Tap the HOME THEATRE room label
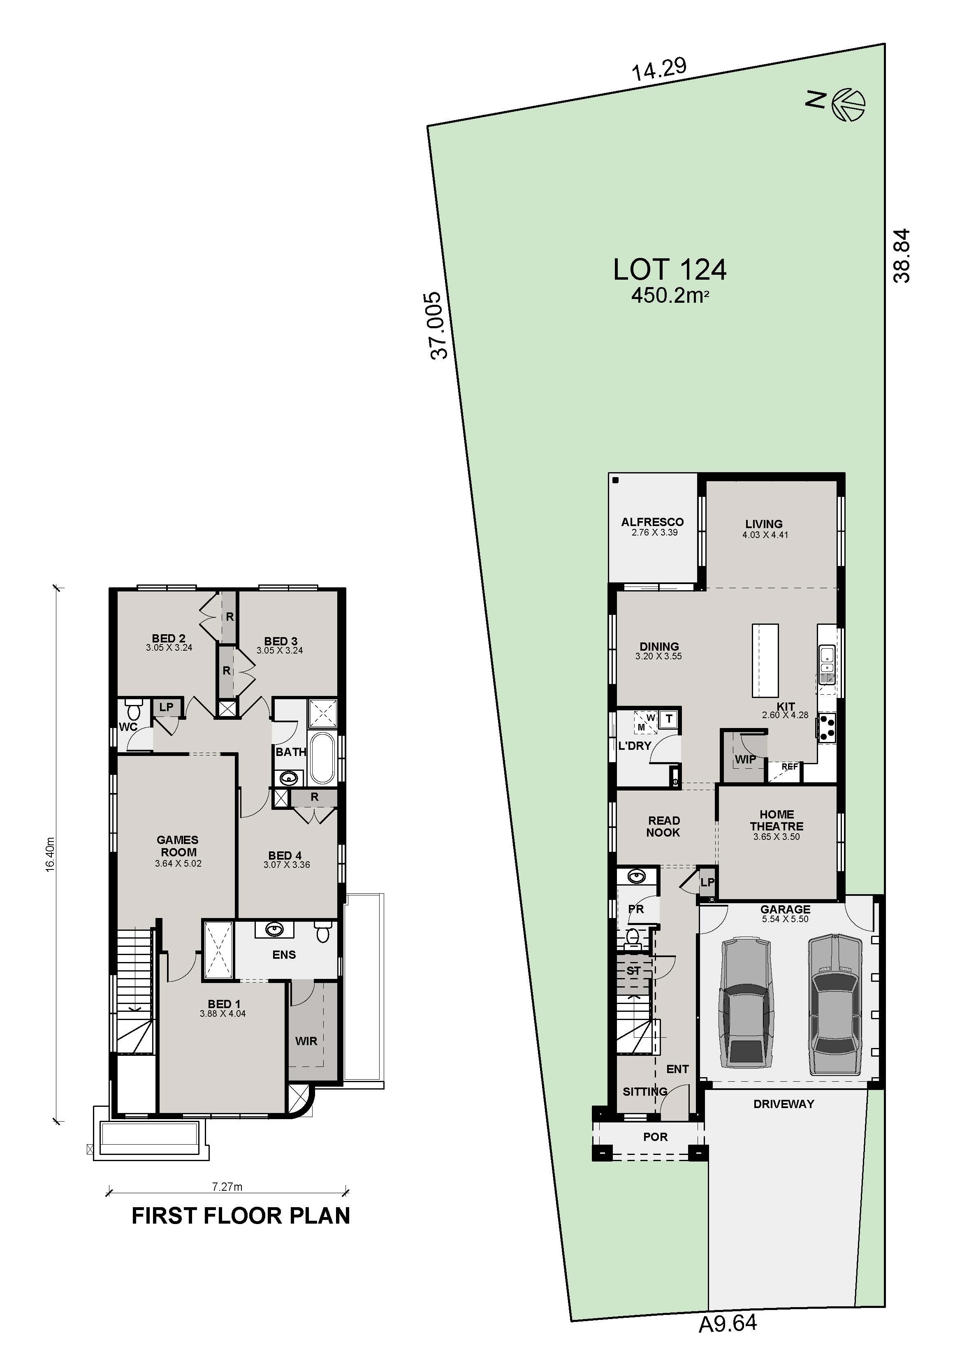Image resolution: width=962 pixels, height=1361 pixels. tap(777, 821)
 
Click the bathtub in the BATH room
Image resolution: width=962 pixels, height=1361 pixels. tap(322, 758)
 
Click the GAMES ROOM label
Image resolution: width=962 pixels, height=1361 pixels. tap(178, 846)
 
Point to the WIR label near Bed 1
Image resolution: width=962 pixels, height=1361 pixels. tap(306, 1041)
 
